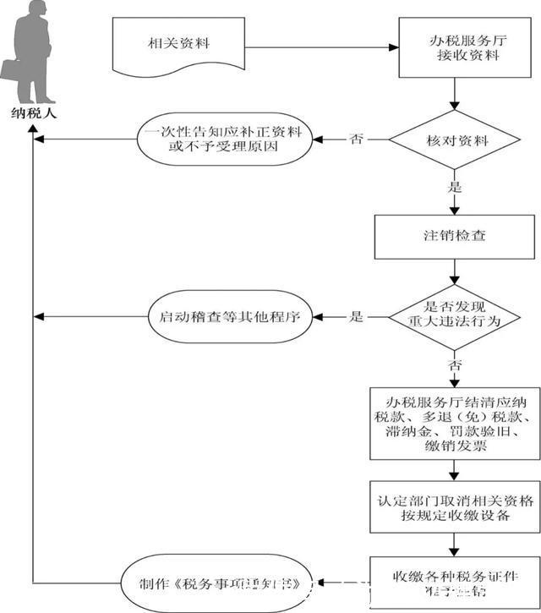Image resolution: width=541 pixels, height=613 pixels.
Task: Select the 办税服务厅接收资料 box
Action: click(456, 47)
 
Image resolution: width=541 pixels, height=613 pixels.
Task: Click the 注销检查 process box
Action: click(456, 235)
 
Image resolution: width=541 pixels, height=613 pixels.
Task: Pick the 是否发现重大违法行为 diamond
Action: click(456, 317)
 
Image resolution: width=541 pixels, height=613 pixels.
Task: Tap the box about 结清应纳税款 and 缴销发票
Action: click(456, 423)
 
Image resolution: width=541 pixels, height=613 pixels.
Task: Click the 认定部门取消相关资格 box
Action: click(456, 507)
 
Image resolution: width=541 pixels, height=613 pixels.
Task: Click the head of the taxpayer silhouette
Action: click(35, 11)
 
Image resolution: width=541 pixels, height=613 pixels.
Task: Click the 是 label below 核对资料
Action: click(456, 187)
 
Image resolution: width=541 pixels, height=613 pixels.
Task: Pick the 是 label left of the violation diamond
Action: click(357, 317)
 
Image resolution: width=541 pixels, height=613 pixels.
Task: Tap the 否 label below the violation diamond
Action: click(456, 366)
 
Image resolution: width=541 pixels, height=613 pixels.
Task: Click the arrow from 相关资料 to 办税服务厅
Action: click(321, 47)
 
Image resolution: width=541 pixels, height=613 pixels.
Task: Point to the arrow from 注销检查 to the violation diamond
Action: click(456, 271)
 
